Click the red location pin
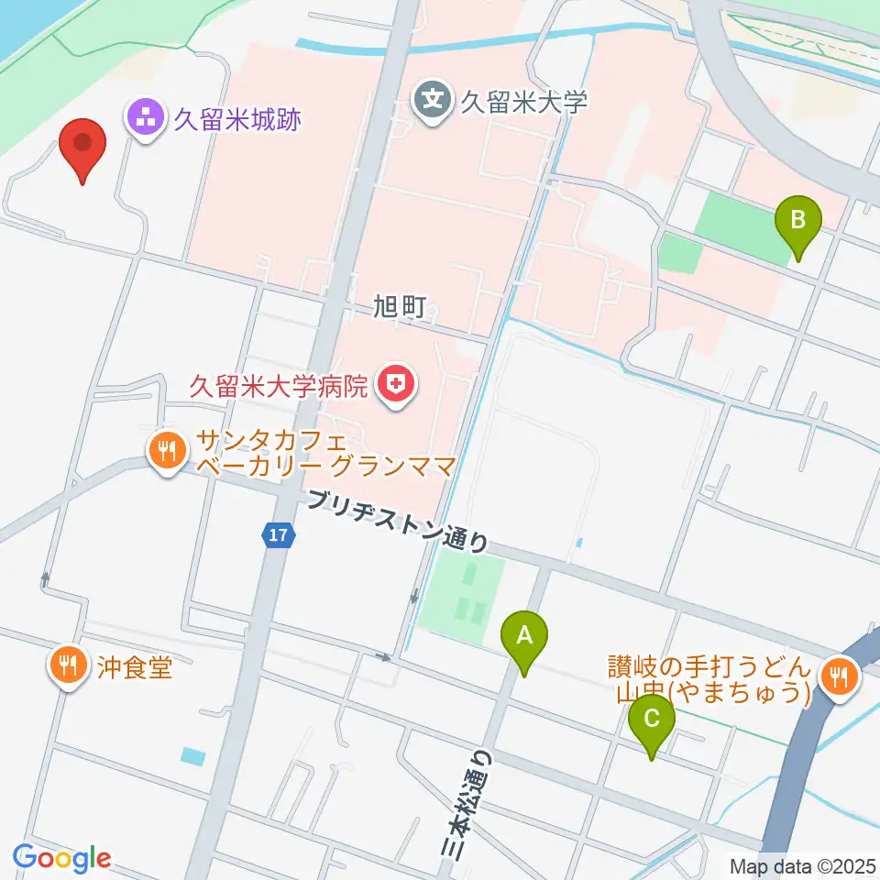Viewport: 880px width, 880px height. pyautogui.click(x=82, y=147)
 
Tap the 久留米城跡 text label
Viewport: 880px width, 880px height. pyautogui.click(x=237, y=118)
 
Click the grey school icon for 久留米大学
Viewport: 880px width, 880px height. pyautogui.click(x=433, y=97)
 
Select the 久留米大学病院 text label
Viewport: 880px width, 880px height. pyautogui.click(x=278, y=385)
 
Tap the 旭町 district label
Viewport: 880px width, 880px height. pyautogui.click(x=401, y=308)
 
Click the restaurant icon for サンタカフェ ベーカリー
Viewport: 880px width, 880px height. pyautogui.click(x=166, y=449)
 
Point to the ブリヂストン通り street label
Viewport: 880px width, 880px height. pyautogui.click(x=398, y=521)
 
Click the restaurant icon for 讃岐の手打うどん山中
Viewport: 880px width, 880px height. pyautogui.click(x=838, y=679)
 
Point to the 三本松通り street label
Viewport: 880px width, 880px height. pyautogui.click(x=461, y=807)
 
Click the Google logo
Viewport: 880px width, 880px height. pyautogui.click(x=61, y=859)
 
